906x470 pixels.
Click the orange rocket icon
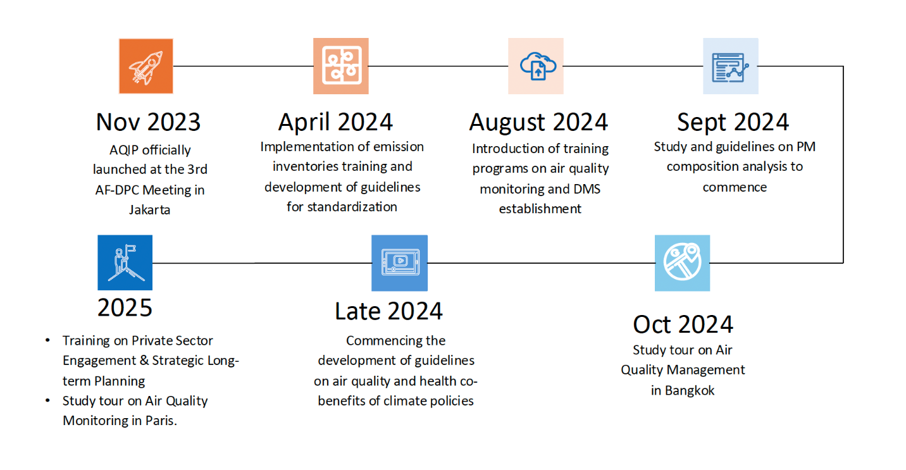(146, 66)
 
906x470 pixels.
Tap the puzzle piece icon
(341, 66)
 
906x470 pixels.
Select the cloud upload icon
(536, 66)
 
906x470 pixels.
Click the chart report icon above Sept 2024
(731, 66)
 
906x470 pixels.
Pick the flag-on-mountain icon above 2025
(125, 263)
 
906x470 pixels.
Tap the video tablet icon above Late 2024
(400, 263)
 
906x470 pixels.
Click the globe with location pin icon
(682, 263)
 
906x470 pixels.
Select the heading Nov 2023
(149, 122)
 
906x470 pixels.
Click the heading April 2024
(336, 122)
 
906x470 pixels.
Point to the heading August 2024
(538, 122)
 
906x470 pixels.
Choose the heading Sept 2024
(733, 122)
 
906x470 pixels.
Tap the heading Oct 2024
(683, 325)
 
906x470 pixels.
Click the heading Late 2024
(388, 311)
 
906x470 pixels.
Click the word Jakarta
(150, 210)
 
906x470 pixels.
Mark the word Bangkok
(690, 391)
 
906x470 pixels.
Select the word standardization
(352, 207)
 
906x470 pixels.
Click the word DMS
(586, 189)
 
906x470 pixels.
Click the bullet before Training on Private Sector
(47, 340)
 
